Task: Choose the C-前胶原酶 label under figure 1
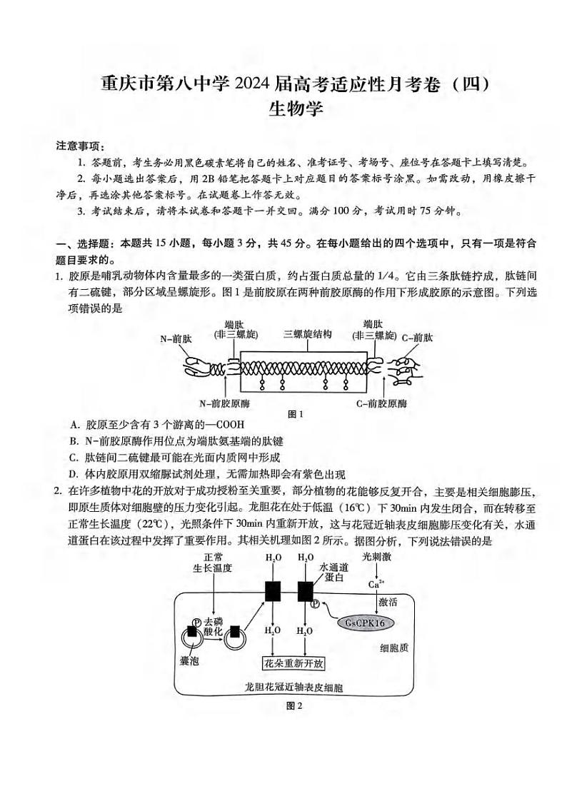coord(382,403)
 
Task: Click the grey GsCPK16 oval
coord(364,623)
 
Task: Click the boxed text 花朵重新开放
coord(293,663)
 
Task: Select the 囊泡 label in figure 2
coord(190,660)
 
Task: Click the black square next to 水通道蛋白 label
coord(306,591)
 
